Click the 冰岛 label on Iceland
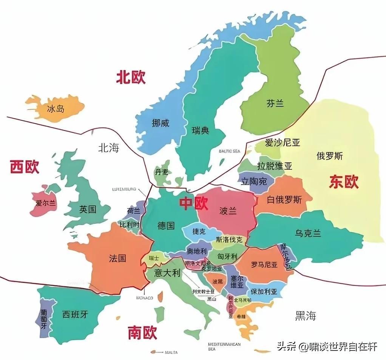56,109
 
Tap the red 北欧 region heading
131,78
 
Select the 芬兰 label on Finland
275,103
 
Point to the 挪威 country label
160,123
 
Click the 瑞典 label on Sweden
200,131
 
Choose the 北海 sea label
108,148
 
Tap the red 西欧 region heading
25,167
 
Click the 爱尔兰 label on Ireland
45,203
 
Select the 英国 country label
88,209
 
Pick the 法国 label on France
117,258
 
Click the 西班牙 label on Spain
75,314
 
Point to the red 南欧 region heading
142,333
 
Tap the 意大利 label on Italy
167,273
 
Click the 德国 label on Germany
166,226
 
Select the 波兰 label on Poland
228,211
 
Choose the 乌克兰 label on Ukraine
308,233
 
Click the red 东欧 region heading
343,182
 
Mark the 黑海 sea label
305,316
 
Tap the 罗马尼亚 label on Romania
264,265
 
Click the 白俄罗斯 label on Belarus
284,200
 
